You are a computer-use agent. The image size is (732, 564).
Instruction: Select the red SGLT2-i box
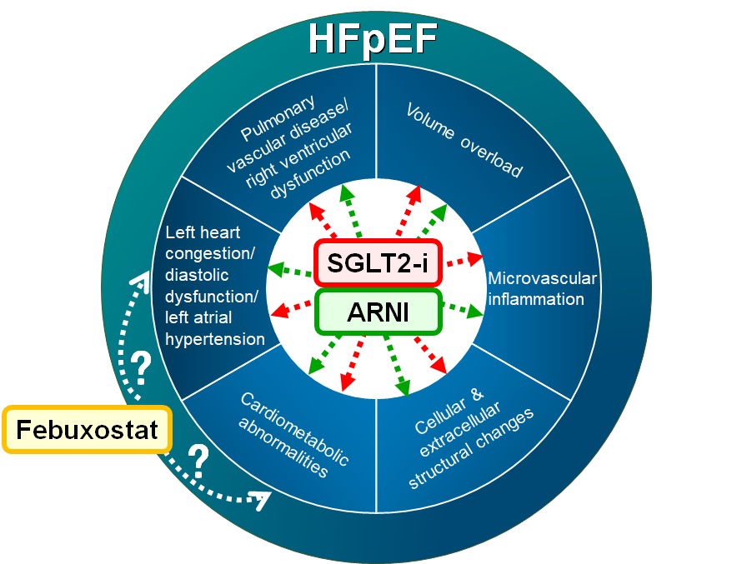click(x=377, y=262)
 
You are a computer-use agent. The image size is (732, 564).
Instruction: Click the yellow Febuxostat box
click(x=88, y=430)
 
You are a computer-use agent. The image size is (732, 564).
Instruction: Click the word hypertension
click(x=215, y=338)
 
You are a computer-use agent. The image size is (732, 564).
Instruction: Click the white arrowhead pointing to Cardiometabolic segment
click(x=262, y=499)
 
